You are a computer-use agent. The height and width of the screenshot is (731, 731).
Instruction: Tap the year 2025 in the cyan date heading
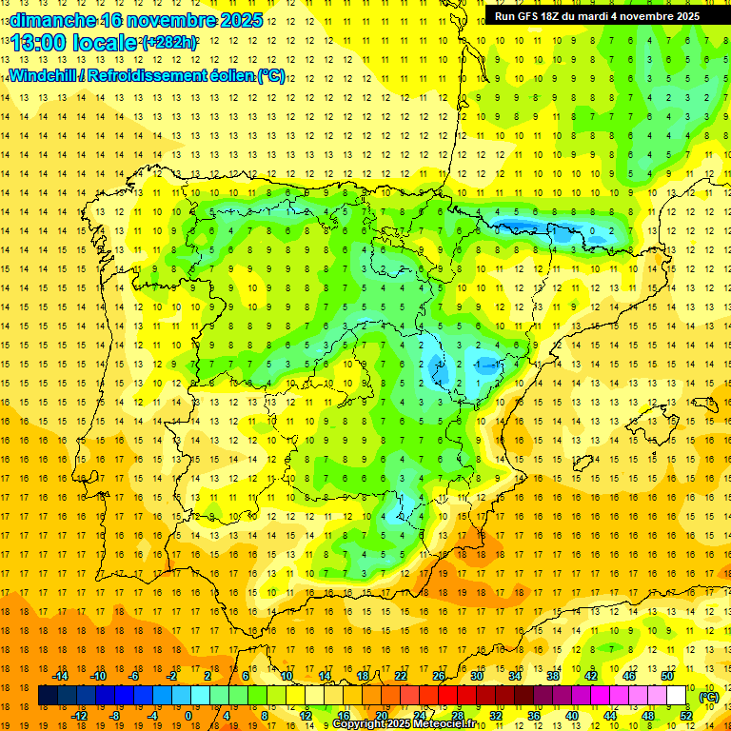click(x=239, y=19)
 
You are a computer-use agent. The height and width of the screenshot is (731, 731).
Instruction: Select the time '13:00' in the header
click(x=39, y=43)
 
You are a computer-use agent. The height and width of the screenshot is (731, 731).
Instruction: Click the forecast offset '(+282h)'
click(x=168, y=43)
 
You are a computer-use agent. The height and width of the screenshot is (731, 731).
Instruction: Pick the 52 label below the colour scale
click(x=686, y=716)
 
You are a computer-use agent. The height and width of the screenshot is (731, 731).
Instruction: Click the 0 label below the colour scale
click(x=188, y=716)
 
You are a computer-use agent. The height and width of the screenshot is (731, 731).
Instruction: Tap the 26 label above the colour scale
click(x=439, y=676)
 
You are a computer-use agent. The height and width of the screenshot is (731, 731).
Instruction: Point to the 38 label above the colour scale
click(x=552, y=676)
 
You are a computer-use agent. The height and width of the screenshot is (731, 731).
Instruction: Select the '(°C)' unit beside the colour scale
click(x=709, y=696)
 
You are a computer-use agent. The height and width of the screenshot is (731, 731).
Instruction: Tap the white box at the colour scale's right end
click(x=677, y=696)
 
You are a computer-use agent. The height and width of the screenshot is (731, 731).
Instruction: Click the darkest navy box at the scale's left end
click(x=48, y=696)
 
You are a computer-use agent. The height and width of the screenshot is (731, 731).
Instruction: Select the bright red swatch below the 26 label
click(x=439, y=696)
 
